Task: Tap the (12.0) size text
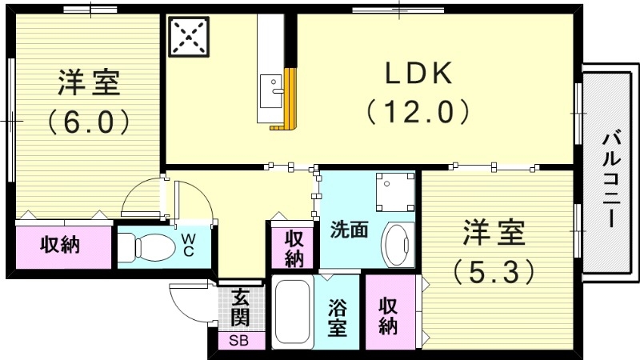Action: (418, 110)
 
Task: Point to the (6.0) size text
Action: (88, 122)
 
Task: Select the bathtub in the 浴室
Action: (294, 314)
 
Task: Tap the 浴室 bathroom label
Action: (338, 317)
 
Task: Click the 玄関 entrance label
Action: (239, 308)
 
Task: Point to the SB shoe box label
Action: (239, 340)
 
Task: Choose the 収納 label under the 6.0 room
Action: (62, 246)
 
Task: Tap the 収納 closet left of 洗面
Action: (294, 248)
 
